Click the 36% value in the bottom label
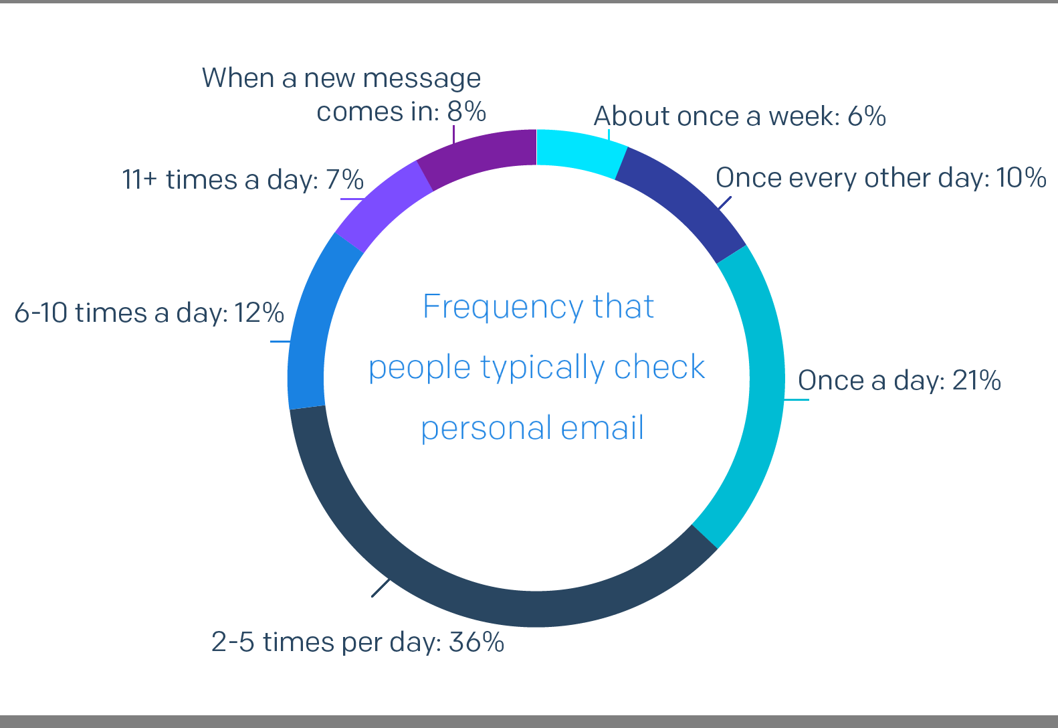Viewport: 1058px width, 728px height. [477, 642]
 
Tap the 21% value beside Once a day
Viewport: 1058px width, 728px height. [976, 380]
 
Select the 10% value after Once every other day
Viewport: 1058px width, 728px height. [1021, 178]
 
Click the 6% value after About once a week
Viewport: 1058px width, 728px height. [867, 116]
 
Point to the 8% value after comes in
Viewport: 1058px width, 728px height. [467, 112]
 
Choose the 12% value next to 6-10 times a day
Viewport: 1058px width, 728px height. [259, 312]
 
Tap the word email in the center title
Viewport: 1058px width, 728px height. [602, 428]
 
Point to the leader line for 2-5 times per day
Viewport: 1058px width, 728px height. [381, 587]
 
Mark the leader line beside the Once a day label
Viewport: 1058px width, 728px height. [797, 399]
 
